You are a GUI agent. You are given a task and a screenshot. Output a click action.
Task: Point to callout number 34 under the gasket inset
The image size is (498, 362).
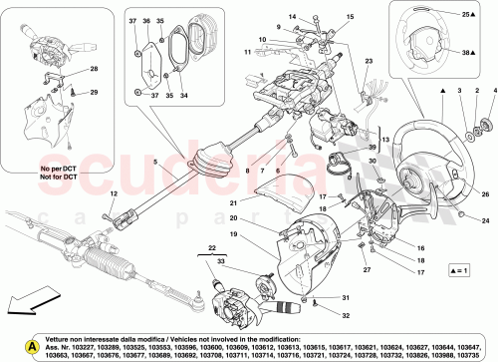183,96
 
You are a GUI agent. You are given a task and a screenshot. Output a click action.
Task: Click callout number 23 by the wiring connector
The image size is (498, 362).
368,63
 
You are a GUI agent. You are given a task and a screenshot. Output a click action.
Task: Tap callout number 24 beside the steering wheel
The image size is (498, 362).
485,220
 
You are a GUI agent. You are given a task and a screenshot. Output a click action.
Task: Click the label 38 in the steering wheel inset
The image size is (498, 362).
466,51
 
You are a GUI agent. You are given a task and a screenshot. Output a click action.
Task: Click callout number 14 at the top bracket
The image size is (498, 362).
294,18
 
